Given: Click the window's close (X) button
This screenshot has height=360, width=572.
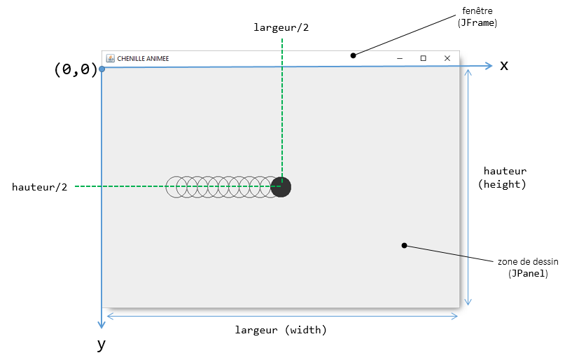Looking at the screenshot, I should click(447, 58).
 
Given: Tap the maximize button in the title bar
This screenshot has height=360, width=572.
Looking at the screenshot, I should click(423, 58).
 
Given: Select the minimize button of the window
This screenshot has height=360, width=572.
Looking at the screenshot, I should click(399, 58).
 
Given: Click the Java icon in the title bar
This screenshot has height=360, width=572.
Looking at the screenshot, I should click(110, 58).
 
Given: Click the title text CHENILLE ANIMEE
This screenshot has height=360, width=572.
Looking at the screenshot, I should click(143, 58).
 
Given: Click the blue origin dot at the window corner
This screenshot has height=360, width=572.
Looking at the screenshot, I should click(102, 69).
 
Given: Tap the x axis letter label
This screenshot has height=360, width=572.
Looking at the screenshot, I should click(503, 66).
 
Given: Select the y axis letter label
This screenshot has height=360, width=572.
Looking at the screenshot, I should click(102, 344).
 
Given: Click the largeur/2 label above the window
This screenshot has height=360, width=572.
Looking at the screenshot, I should click(281, 27).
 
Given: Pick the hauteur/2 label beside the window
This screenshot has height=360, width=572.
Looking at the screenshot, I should click(40, 187).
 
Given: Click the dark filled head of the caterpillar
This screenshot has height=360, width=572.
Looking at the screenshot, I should click(281, 187).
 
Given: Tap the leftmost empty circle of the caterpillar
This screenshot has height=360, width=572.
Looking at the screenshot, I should click(176, 187).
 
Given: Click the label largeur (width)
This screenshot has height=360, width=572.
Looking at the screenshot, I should click(281, 329).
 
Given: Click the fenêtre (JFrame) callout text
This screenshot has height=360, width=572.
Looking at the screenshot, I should click(479, 17).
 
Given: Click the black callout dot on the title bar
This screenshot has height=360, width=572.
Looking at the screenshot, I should click(354, 55).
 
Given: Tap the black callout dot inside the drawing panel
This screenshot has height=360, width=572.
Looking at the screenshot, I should click(404, 245).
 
